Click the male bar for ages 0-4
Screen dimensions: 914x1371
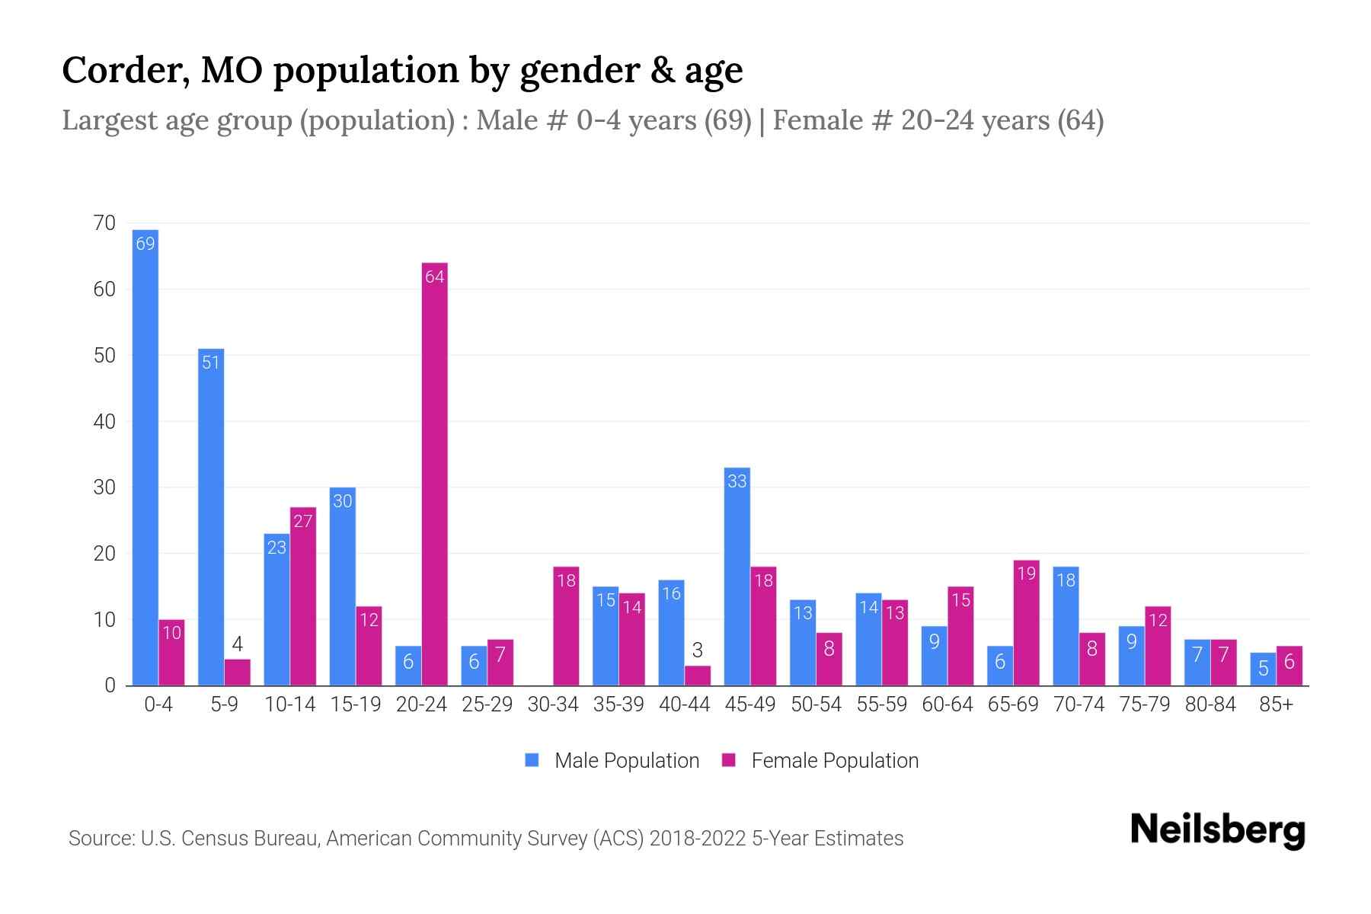click(x=145, y=457)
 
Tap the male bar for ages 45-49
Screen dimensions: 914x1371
click(x=737, y=577)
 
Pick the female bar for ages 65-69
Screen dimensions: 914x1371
click(x=1026, y=623)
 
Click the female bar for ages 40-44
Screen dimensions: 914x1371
click(x=697, y=676)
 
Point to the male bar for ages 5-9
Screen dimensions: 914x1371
click(x=211, y=517)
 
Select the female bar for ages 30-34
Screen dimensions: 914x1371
click(x=566, y=626)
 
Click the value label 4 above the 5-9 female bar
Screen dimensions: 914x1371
click(x=237, y=644)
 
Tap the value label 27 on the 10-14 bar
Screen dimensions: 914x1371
click(x=302, y=521)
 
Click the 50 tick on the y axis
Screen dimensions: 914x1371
click(x=104, y=356)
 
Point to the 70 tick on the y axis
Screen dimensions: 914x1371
click(x=104, y=223)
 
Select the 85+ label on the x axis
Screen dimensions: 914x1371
click(x=1275, y=705)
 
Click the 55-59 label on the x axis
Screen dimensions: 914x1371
click(x=881, y=705)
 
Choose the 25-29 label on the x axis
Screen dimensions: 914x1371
click(x=487, y=705)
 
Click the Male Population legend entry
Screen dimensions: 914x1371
click(x=626, y=760)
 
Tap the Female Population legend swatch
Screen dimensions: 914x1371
click(x=729, y=760)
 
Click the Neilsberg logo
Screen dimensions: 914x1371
click(x=1217, y=830)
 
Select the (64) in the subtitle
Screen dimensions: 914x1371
click(x=1080, y=120)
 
